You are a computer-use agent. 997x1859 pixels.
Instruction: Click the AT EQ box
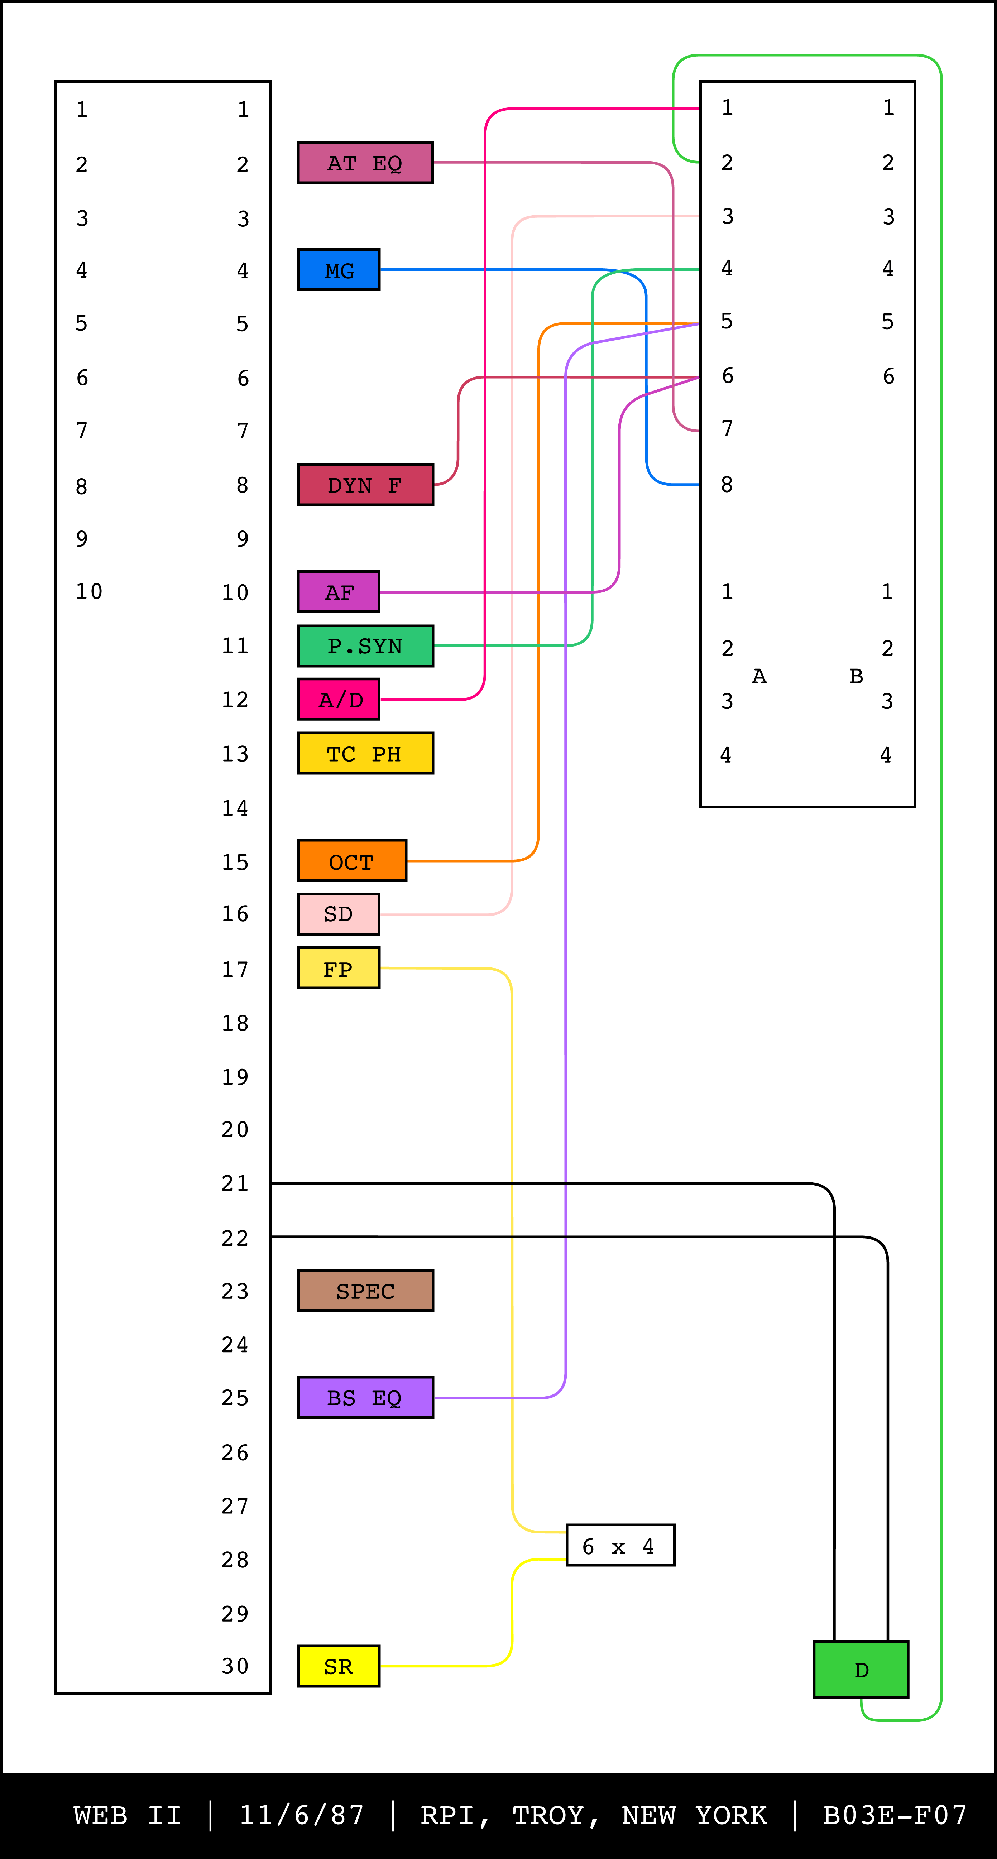365,163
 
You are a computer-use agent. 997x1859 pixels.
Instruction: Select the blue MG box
339,270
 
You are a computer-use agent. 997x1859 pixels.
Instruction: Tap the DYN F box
365,485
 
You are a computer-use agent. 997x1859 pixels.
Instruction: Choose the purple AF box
339,592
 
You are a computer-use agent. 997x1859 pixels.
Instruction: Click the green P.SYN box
365,646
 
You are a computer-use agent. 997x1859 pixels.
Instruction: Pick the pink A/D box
339,699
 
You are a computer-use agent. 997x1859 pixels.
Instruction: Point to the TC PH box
365,753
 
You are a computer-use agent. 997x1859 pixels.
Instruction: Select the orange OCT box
352,861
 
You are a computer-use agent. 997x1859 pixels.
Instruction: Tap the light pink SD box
339,914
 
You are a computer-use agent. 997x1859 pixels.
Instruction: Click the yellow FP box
339,969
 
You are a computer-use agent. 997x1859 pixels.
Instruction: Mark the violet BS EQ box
365,1398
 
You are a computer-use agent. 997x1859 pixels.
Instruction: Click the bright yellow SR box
339,1666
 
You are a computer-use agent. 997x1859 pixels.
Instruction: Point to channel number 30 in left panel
235,1666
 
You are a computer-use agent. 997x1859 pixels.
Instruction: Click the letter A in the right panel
759,676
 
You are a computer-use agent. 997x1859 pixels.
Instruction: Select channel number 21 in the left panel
235,1183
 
